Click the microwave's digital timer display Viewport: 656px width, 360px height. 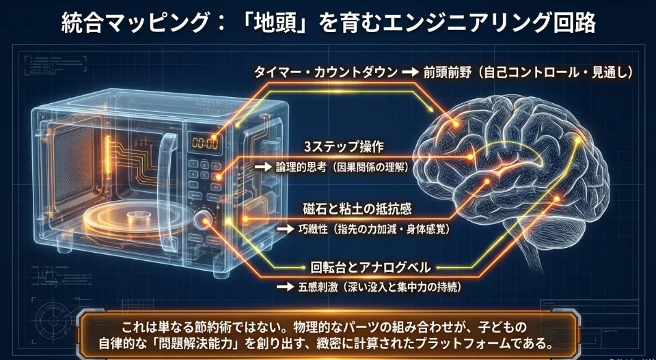204,143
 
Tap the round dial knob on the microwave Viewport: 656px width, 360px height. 203,220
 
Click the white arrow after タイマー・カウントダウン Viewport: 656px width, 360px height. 409,72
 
